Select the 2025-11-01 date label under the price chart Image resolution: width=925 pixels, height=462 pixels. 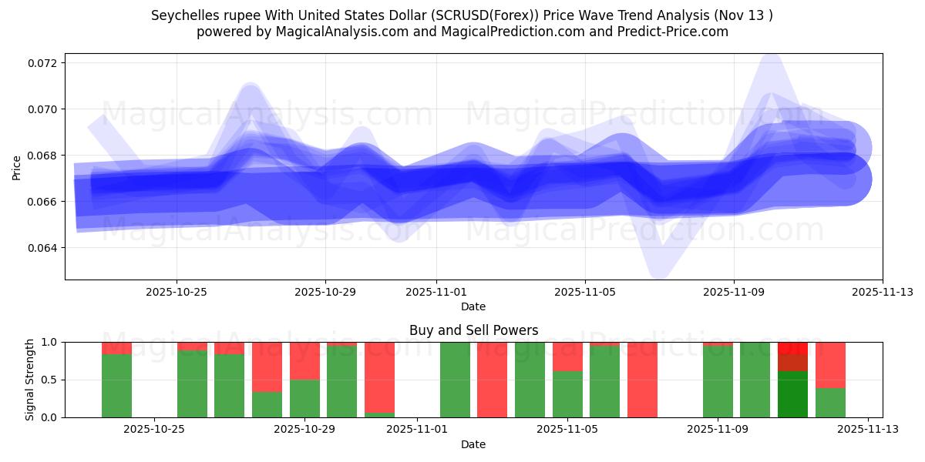pyautogui.click(x=436, y=292)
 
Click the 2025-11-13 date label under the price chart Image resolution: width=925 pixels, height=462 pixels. pyautogui.click(x=882, y=292)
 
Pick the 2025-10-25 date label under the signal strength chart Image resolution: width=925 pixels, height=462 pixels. pyautogui.click(x=154, y=430)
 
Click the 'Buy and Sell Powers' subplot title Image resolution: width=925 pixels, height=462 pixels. pyautogui.click(x=473, y=330)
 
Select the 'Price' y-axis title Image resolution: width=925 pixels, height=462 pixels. pyautogui.click(x=17, y=167)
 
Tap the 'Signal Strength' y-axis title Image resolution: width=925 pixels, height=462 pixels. pyautogui.click(x=30, y=380)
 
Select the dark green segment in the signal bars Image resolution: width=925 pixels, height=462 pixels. pyautogui.click(x=792, y=394)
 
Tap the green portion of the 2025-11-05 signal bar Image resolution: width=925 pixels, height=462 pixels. pyautogui.click(x=567, y=394)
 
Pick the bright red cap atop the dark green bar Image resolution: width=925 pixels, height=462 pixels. pyautogui.click(x=792, y=347)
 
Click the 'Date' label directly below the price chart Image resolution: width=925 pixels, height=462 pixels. pyautogui.click(x=473, y=306)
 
